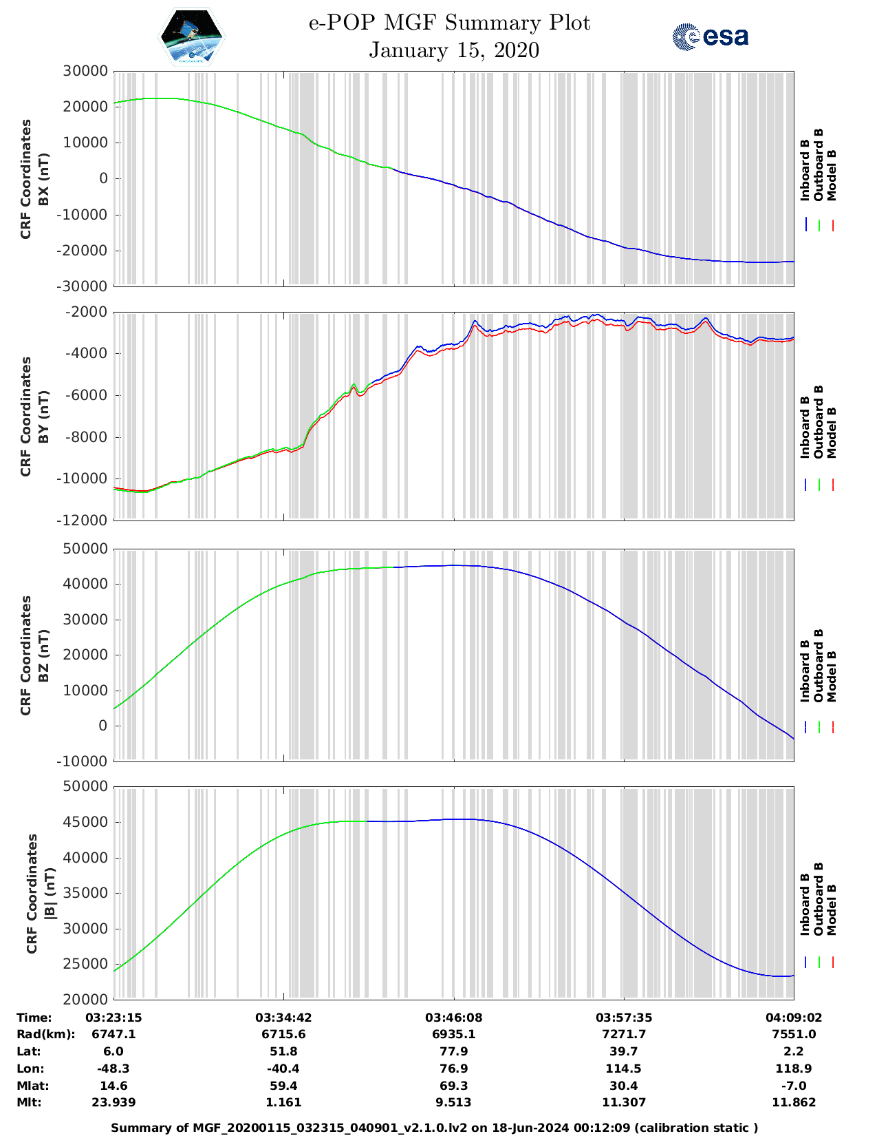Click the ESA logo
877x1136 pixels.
coord(710,36)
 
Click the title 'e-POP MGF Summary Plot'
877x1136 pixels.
coord(449,23)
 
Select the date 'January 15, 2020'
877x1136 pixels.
coord(454,50)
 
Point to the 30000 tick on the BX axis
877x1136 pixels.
coord(85,71)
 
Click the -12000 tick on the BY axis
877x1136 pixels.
coord(85,520)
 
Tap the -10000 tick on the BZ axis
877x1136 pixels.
coord(85,761)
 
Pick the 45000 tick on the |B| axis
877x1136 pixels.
coord(85,822)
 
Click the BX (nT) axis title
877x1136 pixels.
coord(43,179)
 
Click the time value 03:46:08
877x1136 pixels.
coord(454,1018)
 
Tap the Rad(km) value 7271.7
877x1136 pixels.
coord(624,1034)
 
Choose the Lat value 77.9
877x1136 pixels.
coord(454,1051)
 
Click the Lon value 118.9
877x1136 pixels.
coord(794,1069)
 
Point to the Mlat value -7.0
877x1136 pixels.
coord(794,1086)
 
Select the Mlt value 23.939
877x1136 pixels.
coord(113,1102)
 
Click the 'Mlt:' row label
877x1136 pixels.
coord(29,1102)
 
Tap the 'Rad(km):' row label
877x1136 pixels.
coord(45,1034)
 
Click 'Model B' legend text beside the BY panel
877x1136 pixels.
coord(832,432)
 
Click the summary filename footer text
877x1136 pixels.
coord(434,1128)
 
